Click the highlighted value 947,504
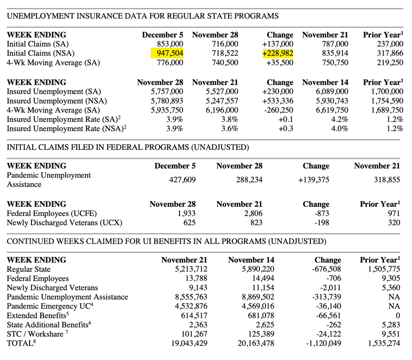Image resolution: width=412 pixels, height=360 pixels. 167,53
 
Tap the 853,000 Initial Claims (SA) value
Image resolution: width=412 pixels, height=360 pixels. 167,44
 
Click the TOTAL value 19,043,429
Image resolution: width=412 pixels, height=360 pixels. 184,343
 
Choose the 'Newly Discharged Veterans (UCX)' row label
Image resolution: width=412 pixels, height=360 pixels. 64,222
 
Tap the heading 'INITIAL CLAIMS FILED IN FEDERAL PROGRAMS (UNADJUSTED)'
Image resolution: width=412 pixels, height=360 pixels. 127,147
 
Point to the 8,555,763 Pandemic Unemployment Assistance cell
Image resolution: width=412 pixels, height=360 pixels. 184,297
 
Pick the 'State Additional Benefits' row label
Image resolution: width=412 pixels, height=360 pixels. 47,324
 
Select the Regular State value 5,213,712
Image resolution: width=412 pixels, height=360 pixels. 184,269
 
